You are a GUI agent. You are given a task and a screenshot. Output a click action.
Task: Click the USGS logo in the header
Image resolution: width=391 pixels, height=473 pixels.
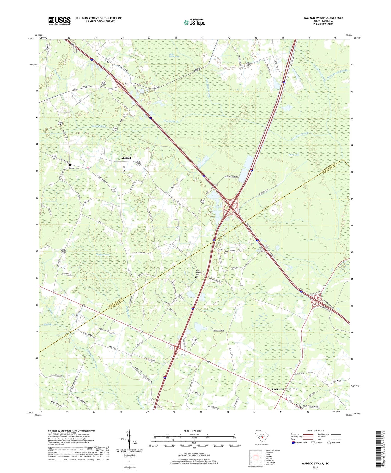click(59, 21)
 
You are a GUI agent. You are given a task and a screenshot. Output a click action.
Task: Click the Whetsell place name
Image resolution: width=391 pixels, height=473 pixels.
click(126, 158)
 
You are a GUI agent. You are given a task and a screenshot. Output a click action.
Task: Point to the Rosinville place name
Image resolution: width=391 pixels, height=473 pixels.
click(278, 389)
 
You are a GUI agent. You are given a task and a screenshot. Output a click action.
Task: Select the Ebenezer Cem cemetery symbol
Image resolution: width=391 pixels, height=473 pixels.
click(70, 165)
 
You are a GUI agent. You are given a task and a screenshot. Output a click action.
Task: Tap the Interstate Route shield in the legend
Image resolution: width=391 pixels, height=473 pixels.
click(293, 443)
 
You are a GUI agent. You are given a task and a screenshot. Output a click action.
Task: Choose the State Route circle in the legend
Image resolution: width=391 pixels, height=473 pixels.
click(329, 442)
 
